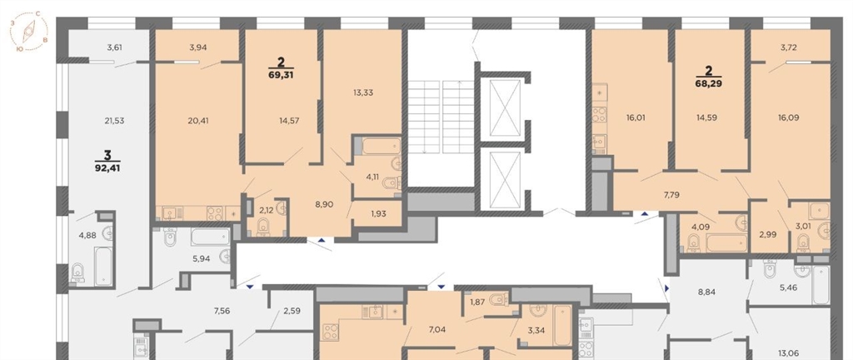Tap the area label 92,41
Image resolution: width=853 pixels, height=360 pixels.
(107, 168)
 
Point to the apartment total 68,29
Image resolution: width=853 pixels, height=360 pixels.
(710, 83)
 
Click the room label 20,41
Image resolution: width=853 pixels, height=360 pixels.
(198, 121)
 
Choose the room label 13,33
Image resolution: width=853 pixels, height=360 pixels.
(362, 92)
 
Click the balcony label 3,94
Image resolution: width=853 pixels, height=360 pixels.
(198, 47)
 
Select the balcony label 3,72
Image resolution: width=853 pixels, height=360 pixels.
(789, 47)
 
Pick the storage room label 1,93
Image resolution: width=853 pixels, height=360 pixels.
(378, 213)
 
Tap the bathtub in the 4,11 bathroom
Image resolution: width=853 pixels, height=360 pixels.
(382, 147)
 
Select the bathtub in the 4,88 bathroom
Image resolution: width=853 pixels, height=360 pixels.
(103, 267)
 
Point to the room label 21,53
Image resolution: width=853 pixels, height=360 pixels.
(114, 121)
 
